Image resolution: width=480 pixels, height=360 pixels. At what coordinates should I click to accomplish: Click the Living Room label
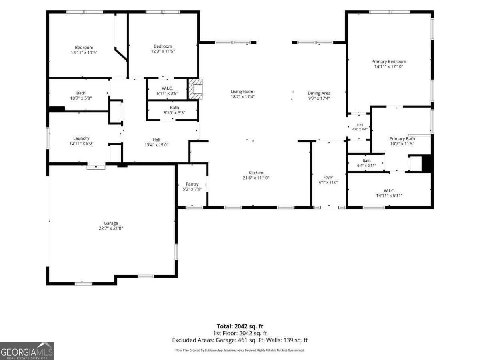click(242, 92)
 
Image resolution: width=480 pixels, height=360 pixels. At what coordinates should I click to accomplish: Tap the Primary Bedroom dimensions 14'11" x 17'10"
click(388, 67)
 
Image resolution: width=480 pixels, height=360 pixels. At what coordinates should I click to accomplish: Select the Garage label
click(111, 223)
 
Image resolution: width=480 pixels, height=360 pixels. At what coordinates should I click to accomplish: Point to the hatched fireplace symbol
click(196, 89)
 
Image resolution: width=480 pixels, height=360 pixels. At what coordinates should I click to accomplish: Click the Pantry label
click(192, 184)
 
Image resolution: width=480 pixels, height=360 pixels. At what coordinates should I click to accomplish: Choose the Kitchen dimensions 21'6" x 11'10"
click(256, 178)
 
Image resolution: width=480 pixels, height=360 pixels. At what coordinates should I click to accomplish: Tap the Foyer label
click(328, 177)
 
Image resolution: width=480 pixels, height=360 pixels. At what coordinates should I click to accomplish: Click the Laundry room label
click(81, 138)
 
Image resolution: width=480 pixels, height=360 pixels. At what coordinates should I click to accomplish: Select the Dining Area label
click(319, 93)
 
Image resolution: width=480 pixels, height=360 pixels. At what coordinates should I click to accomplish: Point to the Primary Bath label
click(402, 138)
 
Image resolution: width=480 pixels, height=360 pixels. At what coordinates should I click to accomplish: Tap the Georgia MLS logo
click(27, 351)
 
